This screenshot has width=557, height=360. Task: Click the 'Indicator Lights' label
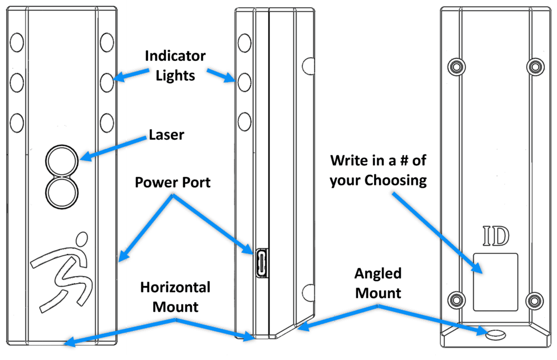175,65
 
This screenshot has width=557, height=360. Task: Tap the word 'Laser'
166,135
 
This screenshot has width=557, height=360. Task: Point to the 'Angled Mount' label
378,283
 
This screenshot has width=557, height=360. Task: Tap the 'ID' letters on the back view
496,237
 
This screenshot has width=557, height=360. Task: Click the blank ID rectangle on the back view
495,282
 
